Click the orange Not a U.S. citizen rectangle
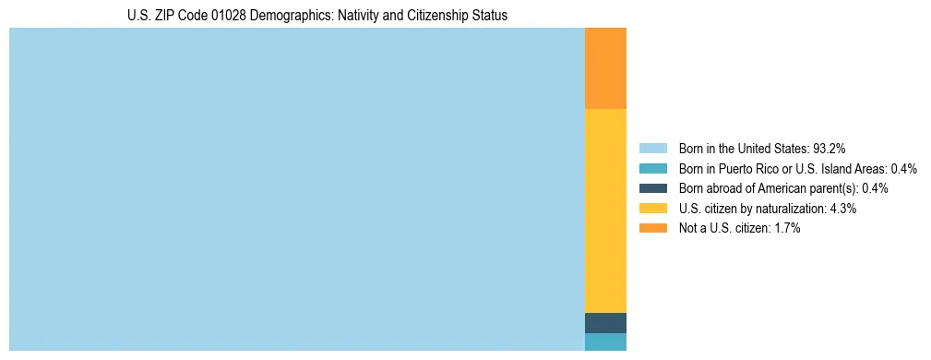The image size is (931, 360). pos(605,68)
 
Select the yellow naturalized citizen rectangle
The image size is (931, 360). pos(605,210)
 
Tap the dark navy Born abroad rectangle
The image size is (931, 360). pos(605,323)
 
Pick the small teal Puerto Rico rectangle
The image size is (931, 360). pos(605,342)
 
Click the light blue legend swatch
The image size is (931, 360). pos(652,149)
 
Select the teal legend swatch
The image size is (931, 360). pos(652,169)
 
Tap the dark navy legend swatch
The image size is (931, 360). pos(652,188)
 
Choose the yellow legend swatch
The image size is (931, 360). pos(652,209)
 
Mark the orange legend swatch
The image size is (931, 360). pos(652,229)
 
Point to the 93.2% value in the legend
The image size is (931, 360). pos(830,149)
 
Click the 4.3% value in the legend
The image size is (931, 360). pos(842,209)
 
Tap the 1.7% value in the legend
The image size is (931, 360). pos(786,229)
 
